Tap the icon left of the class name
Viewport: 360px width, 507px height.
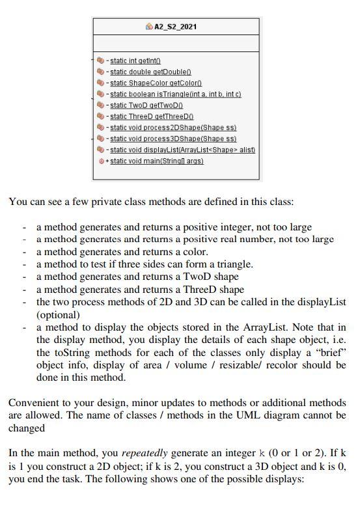click(x=149, y=27)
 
